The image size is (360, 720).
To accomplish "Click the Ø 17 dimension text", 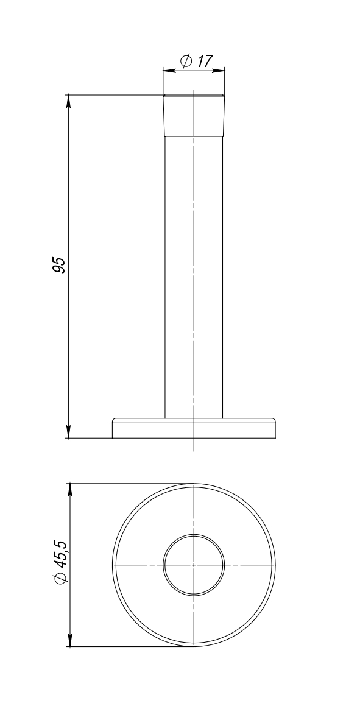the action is tap(197, 61).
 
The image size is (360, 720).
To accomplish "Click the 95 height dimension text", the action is tap(59, 266).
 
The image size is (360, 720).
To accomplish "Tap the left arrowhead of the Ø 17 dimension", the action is tap(169, 70).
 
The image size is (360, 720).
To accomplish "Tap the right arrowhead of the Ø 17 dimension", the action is tap(219, 70).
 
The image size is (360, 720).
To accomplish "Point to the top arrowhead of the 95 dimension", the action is tap(68, 101).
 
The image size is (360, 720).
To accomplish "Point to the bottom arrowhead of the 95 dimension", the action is tap(68, 432).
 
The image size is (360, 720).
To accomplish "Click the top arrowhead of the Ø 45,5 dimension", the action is tap(70, 490).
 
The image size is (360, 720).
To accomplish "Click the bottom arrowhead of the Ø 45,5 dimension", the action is tap(70, 640).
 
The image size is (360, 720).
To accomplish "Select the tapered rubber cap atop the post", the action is tap(194, 116).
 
